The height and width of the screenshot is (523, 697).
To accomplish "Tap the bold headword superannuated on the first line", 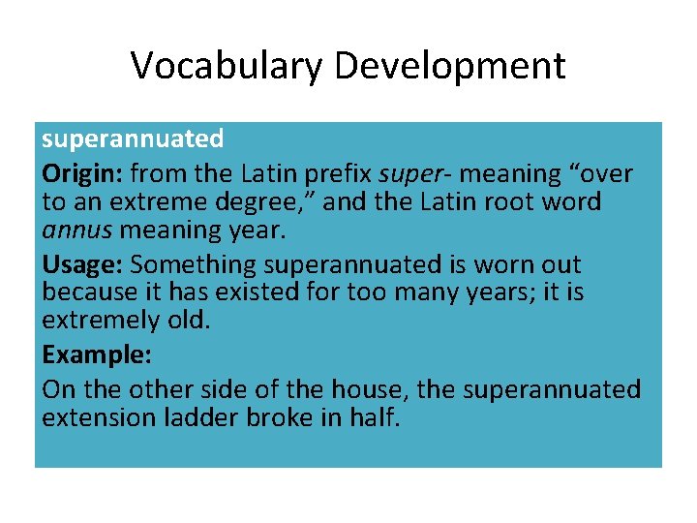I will click(x=133, y=139).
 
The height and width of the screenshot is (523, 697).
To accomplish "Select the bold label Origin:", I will click(x=82, y=174).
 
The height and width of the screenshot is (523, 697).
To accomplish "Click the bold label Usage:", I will click(x=82, y=264).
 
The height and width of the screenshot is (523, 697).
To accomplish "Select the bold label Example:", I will click(x=96, y=355).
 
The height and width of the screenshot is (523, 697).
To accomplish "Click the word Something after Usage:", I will click(x=193, y=264).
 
